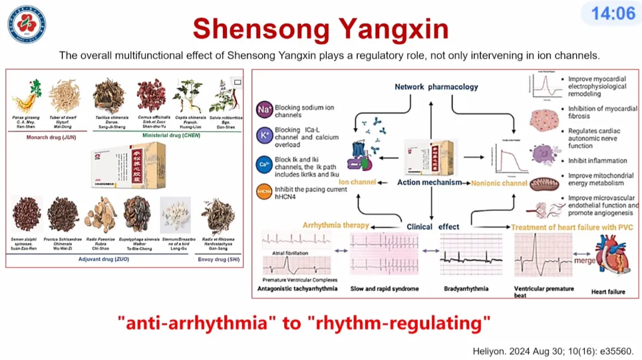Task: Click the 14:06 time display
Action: click(612, 13)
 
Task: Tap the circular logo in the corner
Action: click(26, 24)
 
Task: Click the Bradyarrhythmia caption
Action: click(466, 289)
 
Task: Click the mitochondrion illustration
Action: click(543, 185)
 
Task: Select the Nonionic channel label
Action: click(499, 183)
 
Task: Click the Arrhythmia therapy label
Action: click(335, 226)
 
